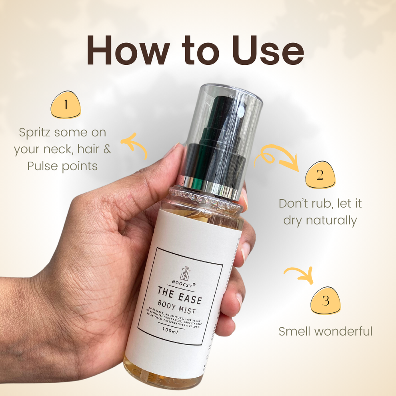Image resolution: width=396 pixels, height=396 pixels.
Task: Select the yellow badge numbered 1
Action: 66,105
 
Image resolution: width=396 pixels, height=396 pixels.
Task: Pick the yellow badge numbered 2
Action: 320,175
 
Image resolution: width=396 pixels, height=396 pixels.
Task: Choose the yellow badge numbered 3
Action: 326,300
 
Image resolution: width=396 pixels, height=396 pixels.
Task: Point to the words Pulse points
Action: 62,166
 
